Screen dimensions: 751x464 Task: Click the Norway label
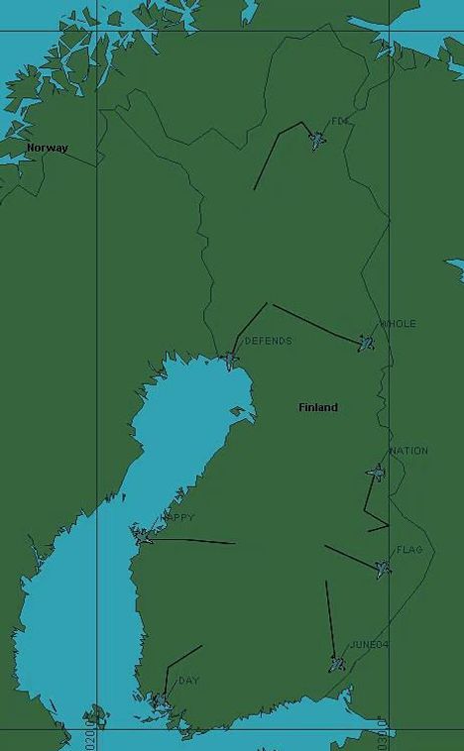(48, 148)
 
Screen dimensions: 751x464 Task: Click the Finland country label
(318, 407)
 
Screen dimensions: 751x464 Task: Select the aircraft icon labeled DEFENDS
(231, 360)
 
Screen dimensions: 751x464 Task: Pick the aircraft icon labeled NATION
(376, 472)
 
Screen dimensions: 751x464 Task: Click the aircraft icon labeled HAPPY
(144, 536)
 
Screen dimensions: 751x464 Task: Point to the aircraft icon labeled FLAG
(383, 568)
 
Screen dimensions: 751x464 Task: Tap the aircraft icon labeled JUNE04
(338, 664)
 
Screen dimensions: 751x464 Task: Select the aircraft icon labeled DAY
(159, 700)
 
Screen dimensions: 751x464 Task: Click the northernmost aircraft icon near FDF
(317, 140)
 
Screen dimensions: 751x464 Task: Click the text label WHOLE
(399, 324)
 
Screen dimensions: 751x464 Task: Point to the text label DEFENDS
(268, 341)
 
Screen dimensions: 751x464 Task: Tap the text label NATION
(408, 451)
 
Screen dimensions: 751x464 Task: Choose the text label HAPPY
(177, 517)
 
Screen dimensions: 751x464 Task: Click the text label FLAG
(409, 549)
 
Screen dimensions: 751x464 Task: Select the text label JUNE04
(370, 645)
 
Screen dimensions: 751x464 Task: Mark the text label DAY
(188, 681)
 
